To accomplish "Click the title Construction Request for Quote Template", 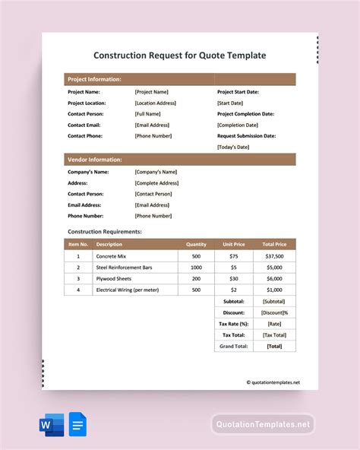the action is click(x=180, y=55).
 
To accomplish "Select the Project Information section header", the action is click(x=94, y=79).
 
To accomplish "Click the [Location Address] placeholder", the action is click(x=156, y=103).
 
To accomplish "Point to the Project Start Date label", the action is click(x=238, y=92).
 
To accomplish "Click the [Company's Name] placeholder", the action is click(x=156, y=172).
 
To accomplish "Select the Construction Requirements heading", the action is click(x=105, y=231).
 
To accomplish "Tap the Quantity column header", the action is click(x=196, y=245).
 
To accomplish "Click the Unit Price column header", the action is click(x=233, y=245).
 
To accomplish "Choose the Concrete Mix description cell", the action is click(x=111, y=256).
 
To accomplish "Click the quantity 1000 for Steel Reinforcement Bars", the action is click(x=196, y=268).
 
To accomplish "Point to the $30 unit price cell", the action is click(x=233, y=279).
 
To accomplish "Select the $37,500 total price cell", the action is click(x=274, y=256).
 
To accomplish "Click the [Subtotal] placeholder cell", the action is click(x=274, y=302).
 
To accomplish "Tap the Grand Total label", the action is click(x=234, y=346).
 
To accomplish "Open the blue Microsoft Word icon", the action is click(x=50, y=423).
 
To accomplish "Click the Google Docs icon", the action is click(x=77, y=423).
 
